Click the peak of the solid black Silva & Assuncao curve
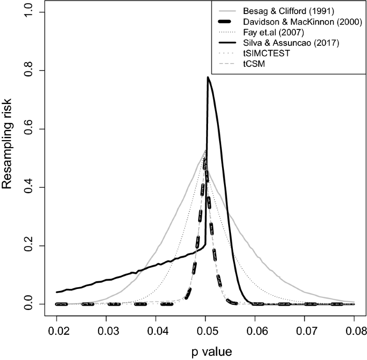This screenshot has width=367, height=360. tap(208, 78)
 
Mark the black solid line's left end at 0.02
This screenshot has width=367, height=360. tap(57, 292)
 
